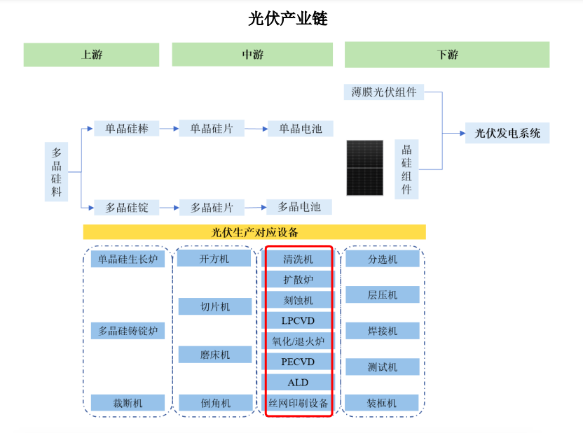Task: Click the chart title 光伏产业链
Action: [287, 19]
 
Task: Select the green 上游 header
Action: [91, 55]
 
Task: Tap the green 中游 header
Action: [252, 55]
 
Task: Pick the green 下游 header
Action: [446, 55]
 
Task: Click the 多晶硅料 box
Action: [57, 171]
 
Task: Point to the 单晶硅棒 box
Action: [127, 129]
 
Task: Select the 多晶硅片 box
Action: [212, 207]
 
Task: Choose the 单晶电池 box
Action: [300, 129]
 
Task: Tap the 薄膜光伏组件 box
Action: [384, 92]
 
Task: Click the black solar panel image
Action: [365, 168]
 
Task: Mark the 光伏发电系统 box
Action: [507, 133]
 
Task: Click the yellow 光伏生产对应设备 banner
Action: [254, 232]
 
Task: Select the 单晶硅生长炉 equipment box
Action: [128, 260]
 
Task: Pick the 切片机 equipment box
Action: [214, 306]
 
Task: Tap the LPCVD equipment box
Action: [298, 320]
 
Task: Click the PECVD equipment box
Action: [298, 362]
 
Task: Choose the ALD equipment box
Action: [298, 382]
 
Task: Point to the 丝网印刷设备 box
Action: [298, 403]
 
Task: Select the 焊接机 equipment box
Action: [383, 330]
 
